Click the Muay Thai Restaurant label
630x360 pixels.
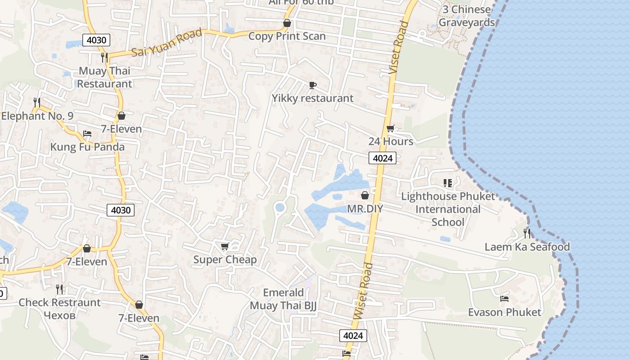(x=104, y=77)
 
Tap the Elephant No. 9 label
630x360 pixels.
(x=37, y=116)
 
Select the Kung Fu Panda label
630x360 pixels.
(x=87, y=147)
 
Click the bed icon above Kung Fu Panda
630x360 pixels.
(x=87, y=134)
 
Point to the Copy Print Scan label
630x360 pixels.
(x=287, y=36)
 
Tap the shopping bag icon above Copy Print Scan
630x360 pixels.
(x=287, y=23)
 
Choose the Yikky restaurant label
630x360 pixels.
(x=312, y=98)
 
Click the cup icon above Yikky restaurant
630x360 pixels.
(x=313, y=85)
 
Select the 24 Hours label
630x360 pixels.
(x=391, y=141)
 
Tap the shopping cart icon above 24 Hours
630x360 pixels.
(x=391, y=128)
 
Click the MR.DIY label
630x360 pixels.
(x=365, y=209)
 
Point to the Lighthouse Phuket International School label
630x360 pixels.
(x=448, y=209)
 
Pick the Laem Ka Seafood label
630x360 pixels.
(x=527, y=247)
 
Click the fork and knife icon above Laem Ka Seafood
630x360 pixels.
(x=527, y=233)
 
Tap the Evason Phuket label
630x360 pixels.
(x=504, y=312)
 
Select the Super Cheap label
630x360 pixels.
(x=225, y=260)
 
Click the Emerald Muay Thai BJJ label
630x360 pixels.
(x=283, y=299)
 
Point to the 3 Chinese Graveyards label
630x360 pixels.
(x=467, y=16)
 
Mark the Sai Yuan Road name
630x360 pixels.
(x=167, y=44)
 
